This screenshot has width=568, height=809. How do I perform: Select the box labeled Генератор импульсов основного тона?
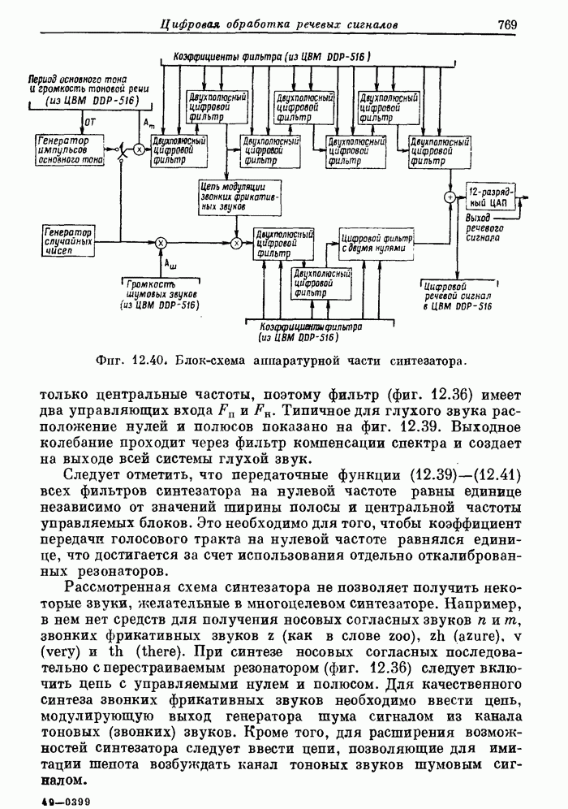69,151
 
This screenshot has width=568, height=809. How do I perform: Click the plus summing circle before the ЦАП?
449,197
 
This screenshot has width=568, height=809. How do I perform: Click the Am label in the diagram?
148,123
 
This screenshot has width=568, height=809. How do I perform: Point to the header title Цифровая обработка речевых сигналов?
280,24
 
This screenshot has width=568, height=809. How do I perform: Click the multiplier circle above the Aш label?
161,242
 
